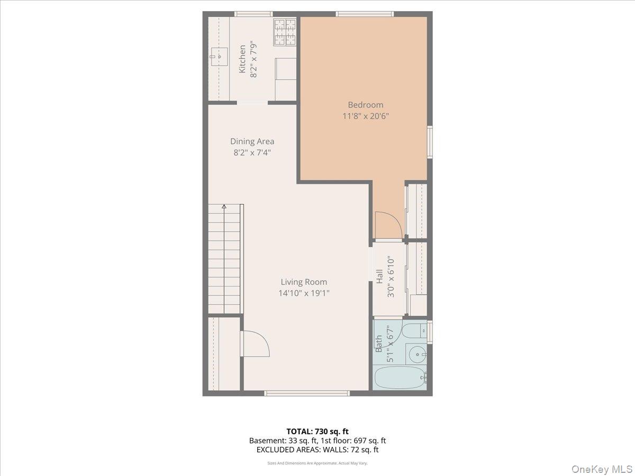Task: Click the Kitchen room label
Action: pos(242,59)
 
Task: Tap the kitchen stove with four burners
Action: pos(285,32)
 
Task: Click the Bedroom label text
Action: pos(365,105)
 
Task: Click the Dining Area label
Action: pos(252,141)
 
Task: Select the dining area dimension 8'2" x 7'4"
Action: pos(252,153)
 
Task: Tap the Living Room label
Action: pos(304,282)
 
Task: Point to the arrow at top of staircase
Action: pos(224,207)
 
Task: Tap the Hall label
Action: pos(379,277)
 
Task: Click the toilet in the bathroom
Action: pos(413,332)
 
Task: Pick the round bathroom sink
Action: pos(418,353)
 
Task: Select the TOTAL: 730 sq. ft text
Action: pos(317,431)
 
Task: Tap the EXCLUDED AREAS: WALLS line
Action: pos(317,450)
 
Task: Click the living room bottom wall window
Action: pos(307,393)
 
